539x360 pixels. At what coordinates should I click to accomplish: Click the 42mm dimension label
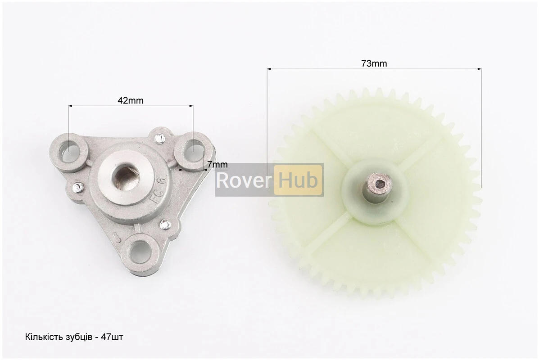point(131,100)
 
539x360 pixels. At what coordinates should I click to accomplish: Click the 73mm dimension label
point(374,63)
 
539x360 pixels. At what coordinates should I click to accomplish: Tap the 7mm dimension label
point(217,165)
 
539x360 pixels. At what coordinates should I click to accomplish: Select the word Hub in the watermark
point(298,180)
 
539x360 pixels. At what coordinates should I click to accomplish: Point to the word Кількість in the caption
point(44,337)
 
